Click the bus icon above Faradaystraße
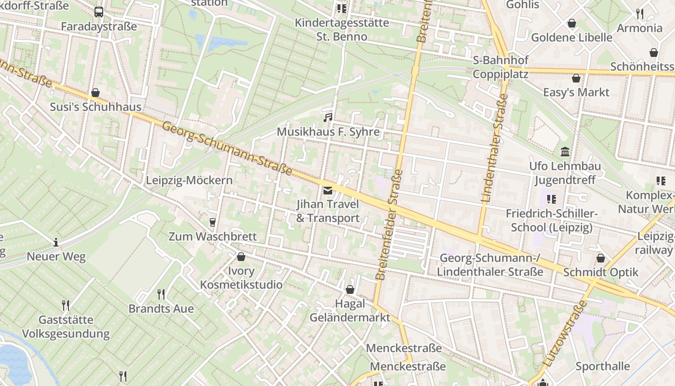[99, 12]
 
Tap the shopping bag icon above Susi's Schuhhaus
[95, 93]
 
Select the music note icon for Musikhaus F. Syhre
[328, 117]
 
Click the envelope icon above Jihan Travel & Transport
[328, 190]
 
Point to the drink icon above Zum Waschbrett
[212, 222]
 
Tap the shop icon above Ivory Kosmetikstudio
[241, 257]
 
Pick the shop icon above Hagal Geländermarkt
[350, 289]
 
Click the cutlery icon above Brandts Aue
[161, 293]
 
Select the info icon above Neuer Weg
[56, 242]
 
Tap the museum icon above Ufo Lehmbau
[565, 152]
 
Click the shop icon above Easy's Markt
[576, 78]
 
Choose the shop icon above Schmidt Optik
[600, 258]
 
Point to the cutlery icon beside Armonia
[640, 14]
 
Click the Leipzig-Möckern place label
[189, 180]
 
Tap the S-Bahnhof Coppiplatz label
[500, 67]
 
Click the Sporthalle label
[603, 366]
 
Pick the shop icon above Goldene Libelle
[571, 23]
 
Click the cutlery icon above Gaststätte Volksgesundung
[66, 305]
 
